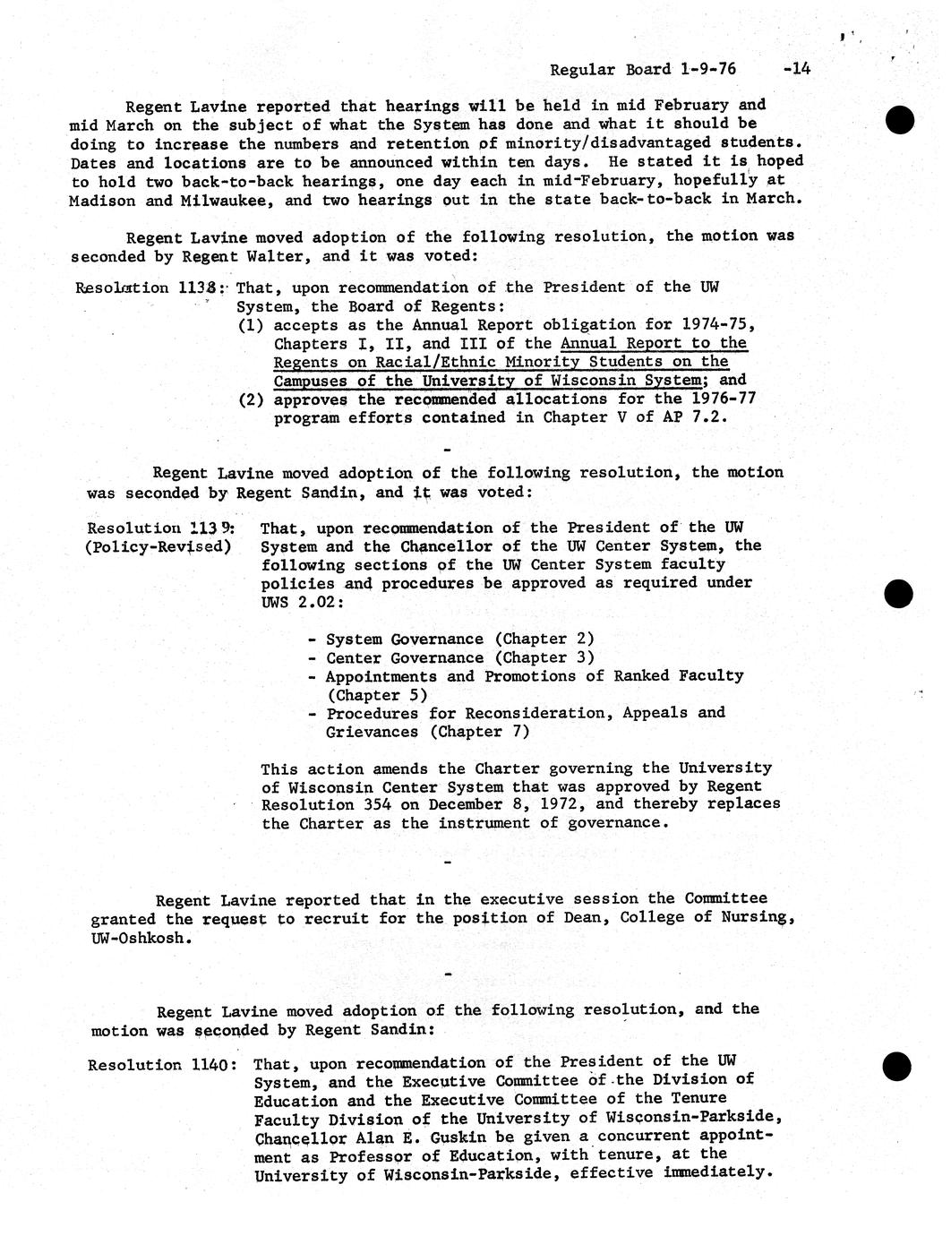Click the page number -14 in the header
795,68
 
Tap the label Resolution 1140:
162,1065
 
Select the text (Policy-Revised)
158,547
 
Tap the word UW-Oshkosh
141,938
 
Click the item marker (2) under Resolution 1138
251,399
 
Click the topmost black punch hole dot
898,120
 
